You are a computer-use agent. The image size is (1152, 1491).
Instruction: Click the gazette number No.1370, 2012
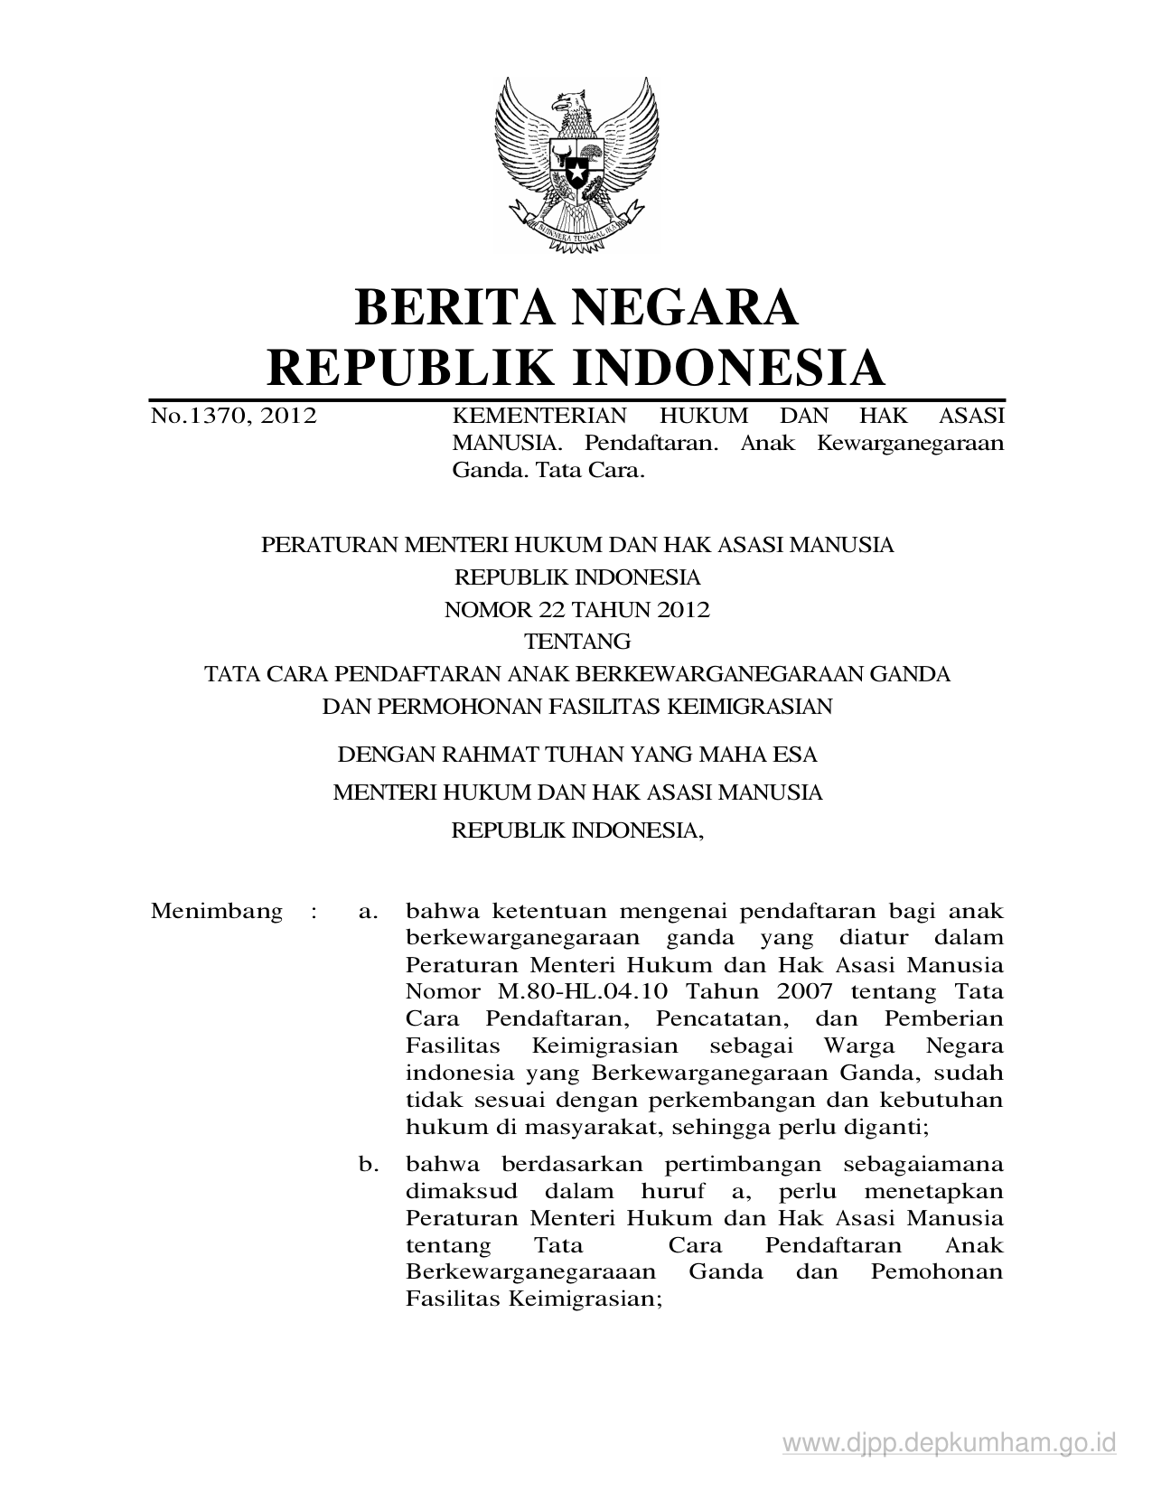pos(234,416)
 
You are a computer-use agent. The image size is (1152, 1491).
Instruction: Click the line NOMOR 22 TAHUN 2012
pos(576,609)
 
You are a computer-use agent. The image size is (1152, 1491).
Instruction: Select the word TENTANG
pos(577,642)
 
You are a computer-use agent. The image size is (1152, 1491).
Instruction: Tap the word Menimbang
pos(217,910)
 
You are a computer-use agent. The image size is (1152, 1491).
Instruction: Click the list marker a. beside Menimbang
pos(367,911)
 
